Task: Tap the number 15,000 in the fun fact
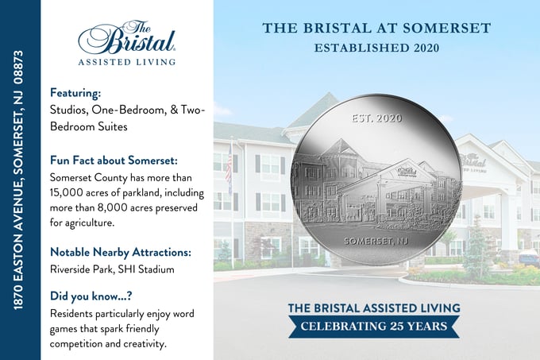pyautogui.click(x=69, y=191)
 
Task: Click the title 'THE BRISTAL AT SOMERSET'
pyautogui.click(x=376, y=29)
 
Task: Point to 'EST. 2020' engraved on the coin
pyautogui.click(x=376, y=118)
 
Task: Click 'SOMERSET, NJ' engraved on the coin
pyautogui.click(x=376, y=240)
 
